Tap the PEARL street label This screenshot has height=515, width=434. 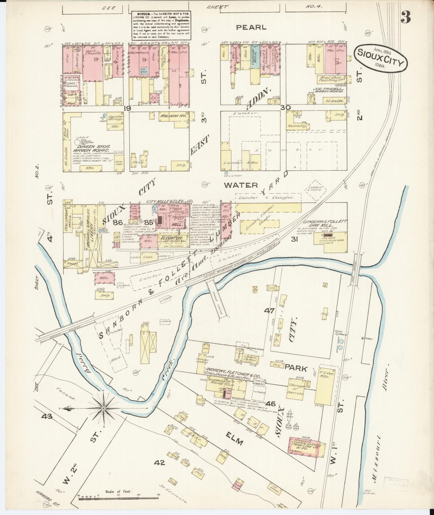pyautogui.click(x=251, y=27)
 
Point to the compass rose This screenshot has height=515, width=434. pyautogui.click(x=103, y=408)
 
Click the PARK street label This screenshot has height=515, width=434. pyautogui.click(x=296, y=368)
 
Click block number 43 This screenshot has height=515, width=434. pyautogui.click(x=47, y=417)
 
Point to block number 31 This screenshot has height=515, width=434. pyautogui.click(x=294, y=239)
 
